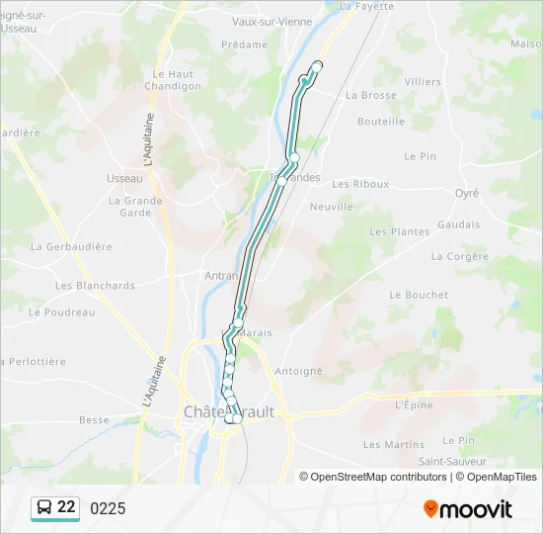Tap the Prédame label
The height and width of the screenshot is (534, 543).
point(244,44)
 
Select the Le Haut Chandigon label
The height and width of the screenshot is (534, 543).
point(173,80)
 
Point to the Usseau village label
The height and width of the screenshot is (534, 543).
point(124,178)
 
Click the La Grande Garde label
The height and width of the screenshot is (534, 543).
point(135,206)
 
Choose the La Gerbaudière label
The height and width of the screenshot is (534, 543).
point(71,246)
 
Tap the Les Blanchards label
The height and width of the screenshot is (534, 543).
point(95,286)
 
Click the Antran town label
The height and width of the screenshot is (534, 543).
point(221,276)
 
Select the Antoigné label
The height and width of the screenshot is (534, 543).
point(299,371)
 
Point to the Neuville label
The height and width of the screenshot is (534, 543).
point(331,207)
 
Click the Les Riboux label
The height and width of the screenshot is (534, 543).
point(360,184)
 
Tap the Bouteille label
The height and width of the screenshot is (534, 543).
point(381,122)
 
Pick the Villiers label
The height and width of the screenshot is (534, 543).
point(423,81)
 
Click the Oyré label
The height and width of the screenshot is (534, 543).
point(466,194)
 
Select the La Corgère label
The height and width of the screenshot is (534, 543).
point(460,256)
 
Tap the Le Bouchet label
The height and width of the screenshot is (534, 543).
point(419,295)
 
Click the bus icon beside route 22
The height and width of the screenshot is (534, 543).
point(45,507)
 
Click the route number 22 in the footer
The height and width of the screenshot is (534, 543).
point(66,507)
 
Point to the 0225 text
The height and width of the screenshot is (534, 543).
point(108,508)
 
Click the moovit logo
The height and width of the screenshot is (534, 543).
point(468,509)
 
